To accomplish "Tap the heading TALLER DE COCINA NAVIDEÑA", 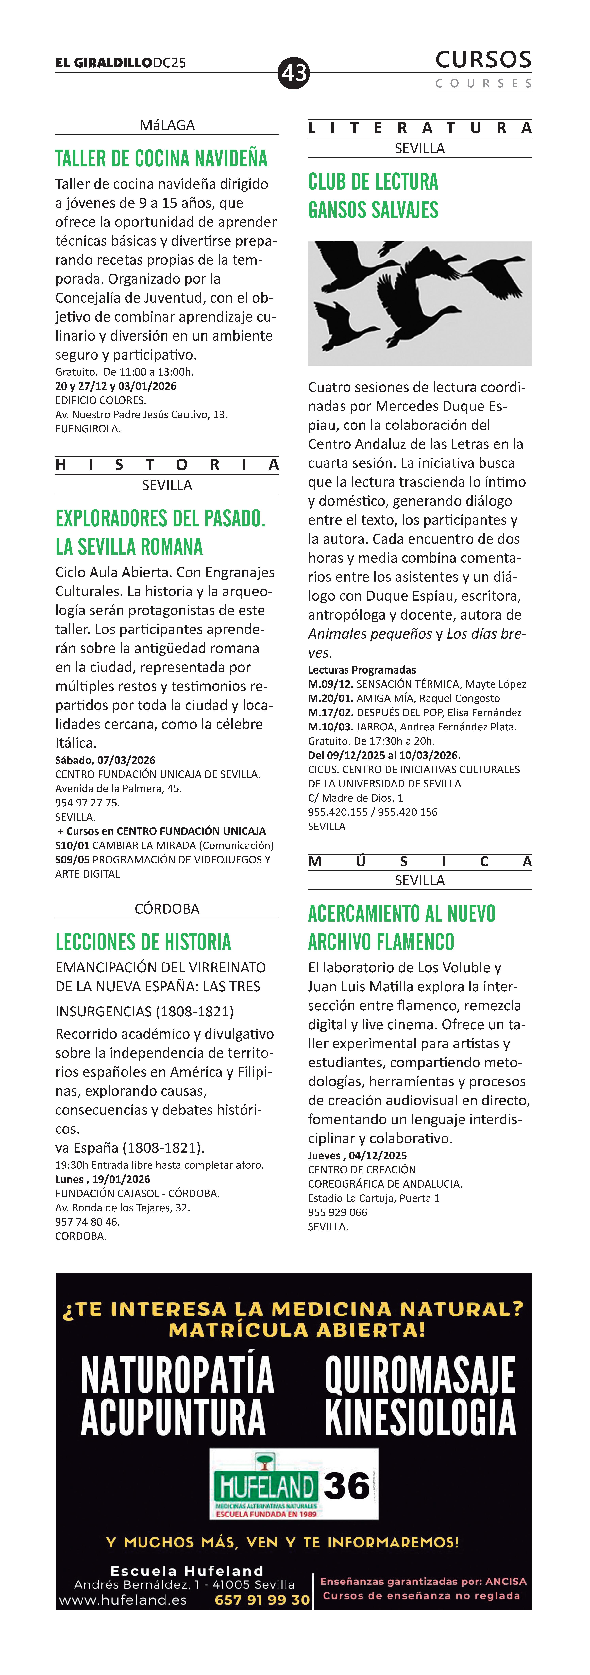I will coord(161,159).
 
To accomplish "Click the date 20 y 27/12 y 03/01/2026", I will coord(116,386).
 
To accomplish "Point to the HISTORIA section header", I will coord(167,464).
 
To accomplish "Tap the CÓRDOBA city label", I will coord(167,908).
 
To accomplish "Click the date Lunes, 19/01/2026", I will coord(103,1179).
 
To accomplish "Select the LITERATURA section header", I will coord(420,128).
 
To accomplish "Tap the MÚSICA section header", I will coord(420,862).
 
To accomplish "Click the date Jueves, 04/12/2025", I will coord(357,1155).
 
